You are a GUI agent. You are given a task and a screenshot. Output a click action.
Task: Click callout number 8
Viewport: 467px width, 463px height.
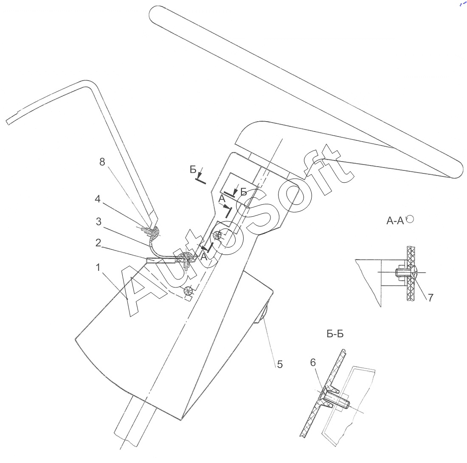point(102,162)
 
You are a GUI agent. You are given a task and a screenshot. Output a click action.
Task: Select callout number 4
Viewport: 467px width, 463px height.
point(98,199)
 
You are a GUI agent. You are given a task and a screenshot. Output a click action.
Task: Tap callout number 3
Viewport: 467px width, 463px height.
point(98,222)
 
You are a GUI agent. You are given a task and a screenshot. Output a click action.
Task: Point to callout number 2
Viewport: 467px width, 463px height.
point(98,243)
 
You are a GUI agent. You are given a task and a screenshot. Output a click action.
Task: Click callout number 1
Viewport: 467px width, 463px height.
point(98,268)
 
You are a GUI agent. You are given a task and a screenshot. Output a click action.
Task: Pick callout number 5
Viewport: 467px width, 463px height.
point(280,364)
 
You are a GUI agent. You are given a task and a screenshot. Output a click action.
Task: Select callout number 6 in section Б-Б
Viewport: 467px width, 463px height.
point(313,363)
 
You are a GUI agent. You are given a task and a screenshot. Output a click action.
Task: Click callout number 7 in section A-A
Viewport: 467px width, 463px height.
point(430,297)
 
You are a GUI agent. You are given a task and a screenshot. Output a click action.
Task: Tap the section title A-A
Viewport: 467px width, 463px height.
point(395,220)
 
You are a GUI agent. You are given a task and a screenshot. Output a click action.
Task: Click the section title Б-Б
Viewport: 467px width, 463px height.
point(335,334)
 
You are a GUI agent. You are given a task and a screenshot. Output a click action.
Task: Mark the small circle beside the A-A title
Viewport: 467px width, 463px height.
point(410,219)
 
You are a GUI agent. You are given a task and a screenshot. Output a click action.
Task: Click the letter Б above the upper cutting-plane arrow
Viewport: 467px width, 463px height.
point(193,169)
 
